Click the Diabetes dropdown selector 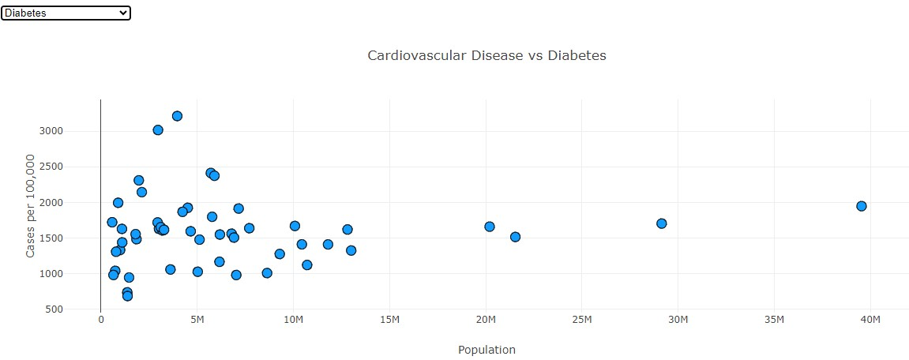click(x=66, y=13)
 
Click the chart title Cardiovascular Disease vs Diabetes click(x=486, y=55)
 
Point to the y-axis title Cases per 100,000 click(x=31, y=206)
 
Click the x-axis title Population click(x=486, y=350)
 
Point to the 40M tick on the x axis click(x=870, y=319)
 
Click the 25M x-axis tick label click(x=582, y=319)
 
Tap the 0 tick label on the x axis click(x=101, y=319)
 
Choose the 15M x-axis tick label click(x=389, y=319)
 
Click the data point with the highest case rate click(x=177, y=116)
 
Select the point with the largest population click(x=861, y=206)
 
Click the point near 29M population click(x=661, y=223)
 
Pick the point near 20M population click(x=490, y=227)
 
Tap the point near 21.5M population click(x=515, y=237)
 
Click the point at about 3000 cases click(x=158, y=130)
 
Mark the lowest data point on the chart click(x=127, y=296)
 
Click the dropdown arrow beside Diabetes click(x=122, y=13)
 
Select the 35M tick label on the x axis click(x=774, y=319)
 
